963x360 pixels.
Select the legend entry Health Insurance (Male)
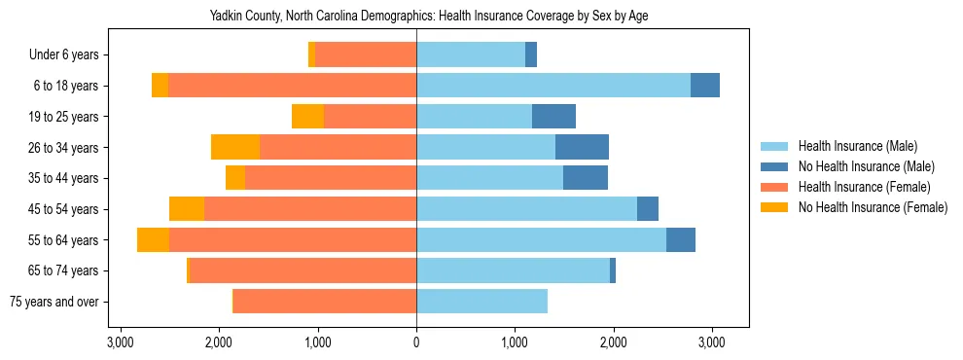tap(857, 146)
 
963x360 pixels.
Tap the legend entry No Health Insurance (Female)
tap(873, 207)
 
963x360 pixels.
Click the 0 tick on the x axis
tap(416, 342)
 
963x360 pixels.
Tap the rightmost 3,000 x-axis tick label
tap(711, 342)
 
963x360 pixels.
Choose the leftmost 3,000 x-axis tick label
tap(121, 342)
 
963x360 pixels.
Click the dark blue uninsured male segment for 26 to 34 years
tap(582, 147)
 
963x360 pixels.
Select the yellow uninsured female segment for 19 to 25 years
tap(307, 117)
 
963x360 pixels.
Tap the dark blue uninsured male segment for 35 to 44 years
tap(586, 178)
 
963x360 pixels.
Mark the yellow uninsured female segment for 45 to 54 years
tap(187, 209)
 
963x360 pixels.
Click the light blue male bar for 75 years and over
tap(481, 302)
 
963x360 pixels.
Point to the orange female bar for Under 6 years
tap(365, 55)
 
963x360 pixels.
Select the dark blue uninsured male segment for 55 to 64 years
tap(681, 240)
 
